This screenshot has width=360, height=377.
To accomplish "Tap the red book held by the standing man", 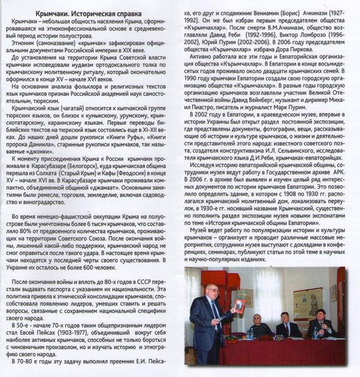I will coord(239,307).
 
